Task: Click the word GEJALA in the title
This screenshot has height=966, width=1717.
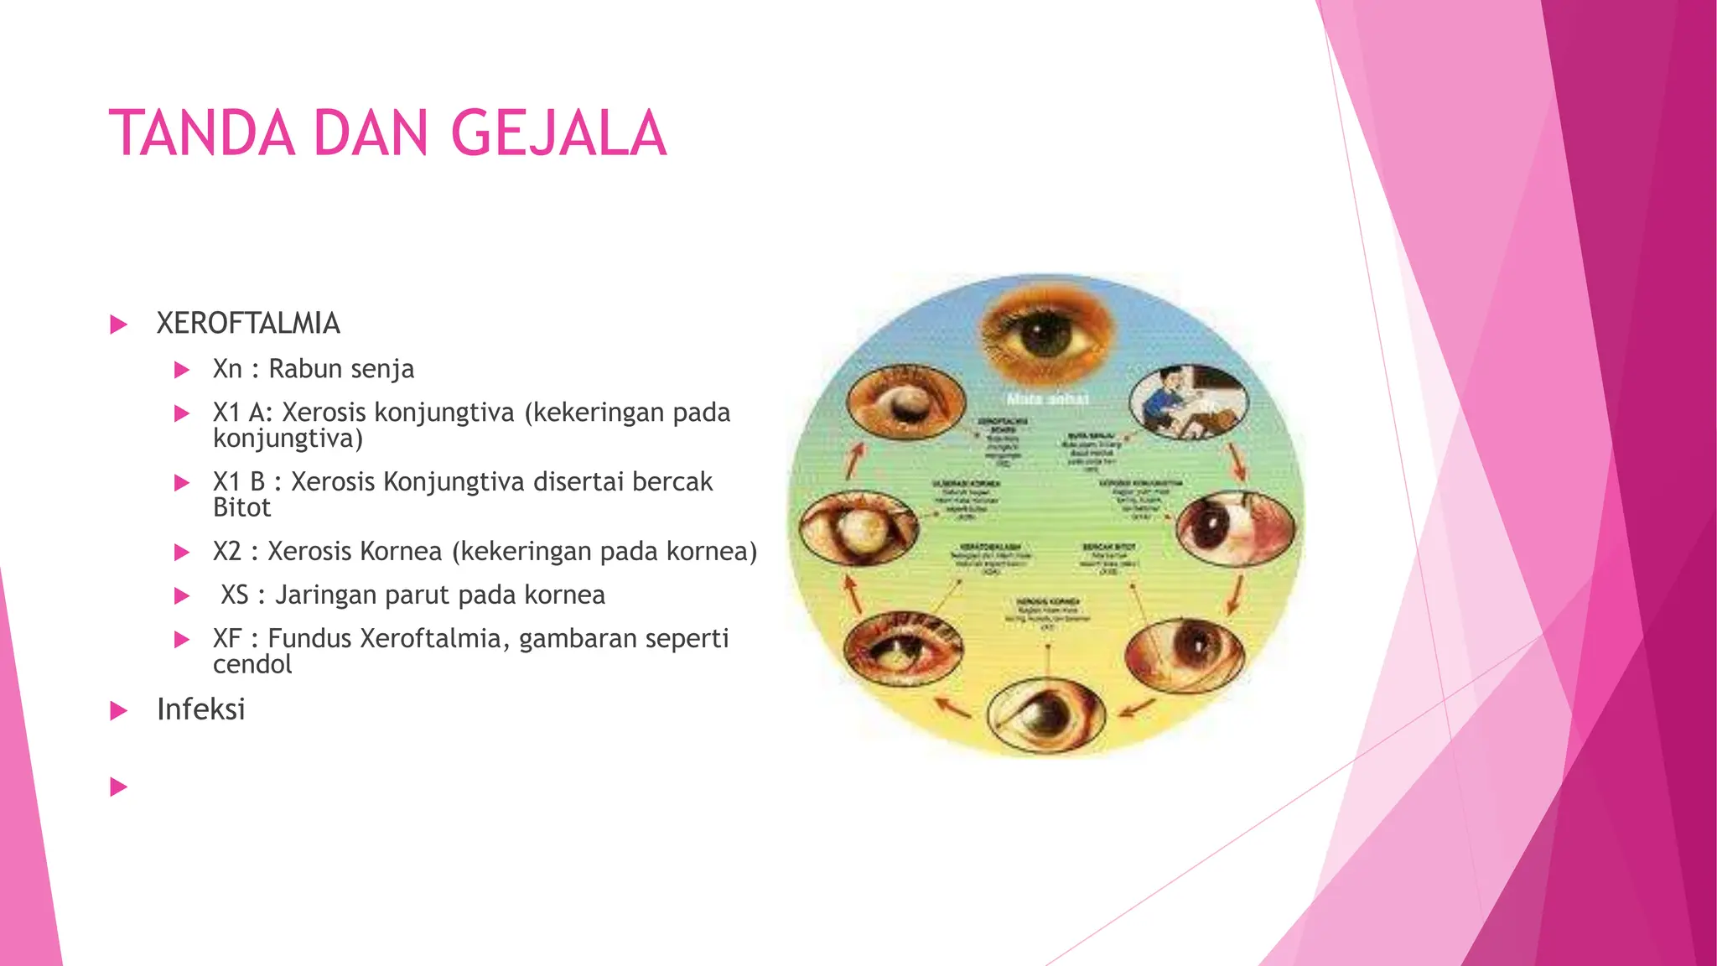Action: click(558, 134)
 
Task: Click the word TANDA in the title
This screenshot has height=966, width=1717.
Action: click(202, 134)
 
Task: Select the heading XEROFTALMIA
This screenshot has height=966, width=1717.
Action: click(248, 324)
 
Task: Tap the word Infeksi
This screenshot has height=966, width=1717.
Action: click(201, 709)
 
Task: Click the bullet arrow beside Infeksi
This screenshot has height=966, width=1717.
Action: click(119, 711)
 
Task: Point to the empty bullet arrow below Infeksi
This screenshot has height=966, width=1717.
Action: click(119, 787)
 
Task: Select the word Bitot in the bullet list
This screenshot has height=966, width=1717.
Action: click(241, 507)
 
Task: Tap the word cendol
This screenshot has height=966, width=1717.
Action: click(252, 664)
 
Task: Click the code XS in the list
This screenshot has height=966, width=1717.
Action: click(235, 595)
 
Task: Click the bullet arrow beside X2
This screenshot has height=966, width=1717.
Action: click(182, 553)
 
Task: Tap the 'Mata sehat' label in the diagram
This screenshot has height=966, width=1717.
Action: click(1047, 399)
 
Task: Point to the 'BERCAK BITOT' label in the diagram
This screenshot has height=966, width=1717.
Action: click(1108, 547)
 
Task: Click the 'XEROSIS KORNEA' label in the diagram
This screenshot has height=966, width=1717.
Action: click(1048, 602)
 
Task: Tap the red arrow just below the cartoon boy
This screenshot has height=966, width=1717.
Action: click(1235, 461)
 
